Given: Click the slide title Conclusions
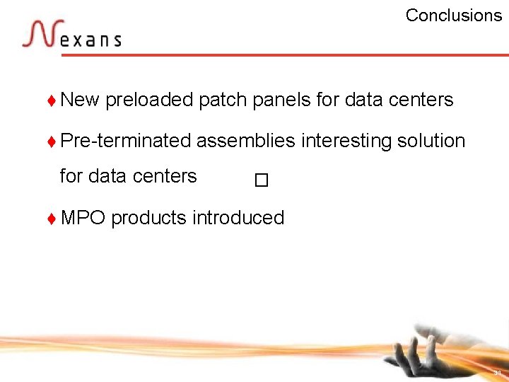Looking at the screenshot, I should pos(453,16).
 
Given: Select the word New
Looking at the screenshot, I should pos(80,100).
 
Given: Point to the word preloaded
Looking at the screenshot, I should pos(149,100).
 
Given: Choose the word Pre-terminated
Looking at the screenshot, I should pos(126,141).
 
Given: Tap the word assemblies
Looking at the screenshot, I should pos(245,141).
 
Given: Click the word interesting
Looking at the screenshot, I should pos(346,141).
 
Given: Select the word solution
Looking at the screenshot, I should pos(431,141).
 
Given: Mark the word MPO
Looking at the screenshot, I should pos(83,218).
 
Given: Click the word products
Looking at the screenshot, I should pos(148,218).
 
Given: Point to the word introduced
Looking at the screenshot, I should pos(238,218).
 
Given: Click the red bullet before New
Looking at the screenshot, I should pos(52,100).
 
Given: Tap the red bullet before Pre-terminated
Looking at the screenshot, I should pos(52,141).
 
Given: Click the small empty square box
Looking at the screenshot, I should pos(262,181).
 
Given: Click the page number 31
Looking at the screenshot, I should pos(498,372).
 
